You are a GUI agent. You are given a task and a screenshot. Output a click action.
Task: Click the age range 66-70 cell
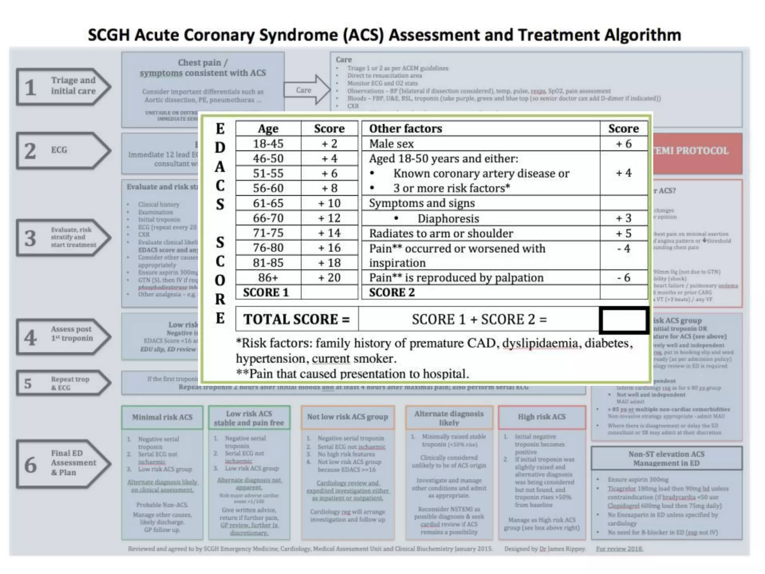click(x=268, y=218)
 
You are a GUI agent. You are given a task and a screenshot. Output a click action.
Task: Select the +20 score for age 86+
click(x=329, y=278)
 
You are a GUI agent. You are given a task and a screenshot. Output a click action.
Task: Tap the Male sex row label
click(x=391, y=144)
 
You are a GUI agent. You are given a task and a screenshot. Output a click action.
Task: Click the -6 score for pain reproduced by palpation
click(x=623, y=278)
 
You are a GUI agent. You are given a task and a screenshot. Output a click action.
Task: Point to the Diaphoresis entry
click(x=448, y=219)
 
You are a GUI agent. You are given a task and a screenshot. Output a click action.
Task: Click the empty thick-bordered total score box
click(x=623, y=320)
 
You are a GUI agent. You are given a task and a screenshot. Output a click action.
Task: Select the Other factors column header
click(x=406, y=129)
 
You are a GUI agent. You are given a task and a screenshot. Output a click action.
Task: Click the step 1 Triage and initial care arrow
click(x=64, y=86)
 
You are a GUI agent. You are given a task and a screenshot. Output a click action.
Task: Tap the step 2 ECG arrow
click(x=64, y=150)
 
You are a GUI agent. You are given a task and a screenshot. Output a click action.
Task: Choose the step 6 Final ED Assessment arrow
click(x=64, y=464)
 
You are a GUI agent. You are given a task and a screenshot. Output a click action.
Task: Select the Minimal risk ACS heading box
click(x=162, y=417)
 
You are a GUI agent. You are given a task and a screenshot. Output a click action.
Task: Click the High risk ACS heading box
click(x=542, y=417)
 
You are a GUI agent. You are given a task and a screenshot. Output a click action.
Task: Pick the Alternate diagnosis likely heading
click(x=449, y=418)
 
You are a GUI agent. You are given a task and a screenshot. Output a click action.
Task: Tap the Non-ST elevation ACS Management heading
click(x=666, y=459)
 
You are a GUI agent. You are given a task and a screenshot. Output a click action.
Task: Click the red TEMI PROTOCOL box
click(x=697, y=151)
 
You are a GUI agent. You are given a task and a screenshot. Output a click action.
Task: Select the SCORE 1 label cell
click(x=266, y=293)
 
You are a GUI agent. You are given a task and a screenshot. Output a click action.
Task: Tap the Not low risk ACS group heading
click(x=347, y=417)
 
